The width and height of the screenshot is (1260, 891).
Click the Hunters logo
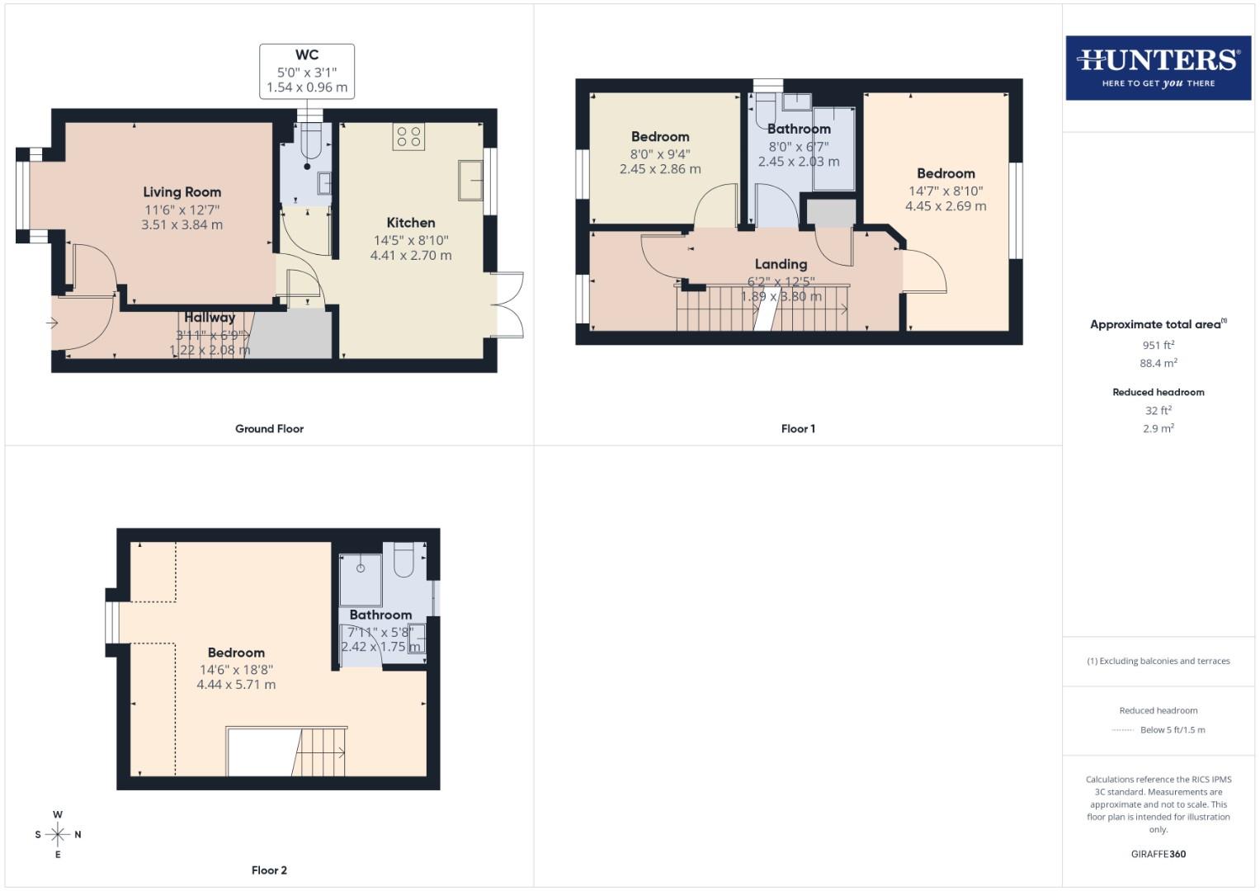1158,68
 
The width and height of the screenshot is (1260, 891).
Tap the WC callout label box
307,71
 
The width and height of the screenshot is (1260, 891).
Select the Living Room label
182,192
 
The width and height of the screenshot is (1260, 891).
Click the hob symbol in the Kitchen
408,137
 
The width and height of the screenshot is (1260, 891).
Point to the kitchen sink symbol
472,180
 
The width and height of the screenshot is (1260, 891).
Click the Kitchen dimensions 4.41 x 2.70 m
411,256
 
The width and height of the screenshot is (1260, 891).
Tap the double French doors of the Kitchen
508,305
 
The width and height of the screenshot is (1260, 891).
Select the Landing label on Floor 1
781,264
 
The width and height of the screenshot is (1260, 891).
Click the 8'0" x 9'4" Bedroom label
660,137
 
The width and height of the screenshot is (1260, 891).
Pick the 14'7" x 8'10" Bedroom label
946,173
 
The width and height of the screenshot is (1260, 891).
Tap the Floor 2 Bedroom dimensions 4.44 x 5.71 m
236,685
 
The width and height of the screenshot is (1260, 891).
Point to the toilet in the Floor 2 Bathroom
404,559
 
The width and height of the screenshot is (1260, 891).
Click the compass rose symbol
58,834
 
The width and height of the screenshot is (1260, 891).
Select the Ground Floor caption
269,429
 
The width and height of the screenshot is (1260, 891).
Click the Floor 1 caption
798,429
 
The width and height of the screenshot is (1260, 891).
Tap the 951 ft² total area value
1159,345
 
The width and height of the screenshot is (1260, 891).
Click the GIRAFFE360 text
1159,854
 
